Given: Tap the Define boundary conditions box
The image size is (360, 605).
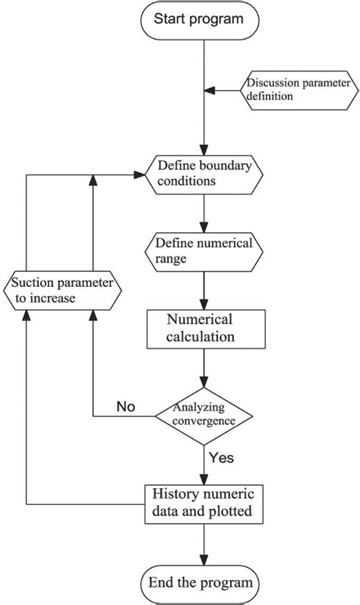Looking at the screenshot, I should tap(204, 174).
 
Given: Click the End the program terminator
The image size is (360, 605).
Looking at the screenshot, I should tap(204, 583).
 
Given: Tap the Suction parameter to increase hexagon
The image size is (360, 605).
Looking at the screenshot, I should tap(62, 289).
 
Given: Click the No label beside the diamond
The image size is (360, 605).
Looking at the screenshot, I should tap(125, 407).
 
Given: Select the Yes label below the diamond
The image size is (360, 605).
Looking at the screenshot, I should tap(221, 458).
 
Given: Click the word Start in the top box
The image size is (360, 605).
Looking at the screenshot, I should tap(171, 19).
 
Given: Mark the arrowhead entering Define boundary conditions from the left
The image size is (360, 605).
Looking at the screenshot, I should tap(141, 174).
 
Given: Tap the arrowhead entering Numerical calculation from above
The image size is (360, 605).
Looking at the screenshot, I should tap(204, 304).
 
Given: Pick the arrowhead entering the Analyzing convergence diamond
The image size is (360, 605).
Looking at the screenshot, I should tap(204, 388).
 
